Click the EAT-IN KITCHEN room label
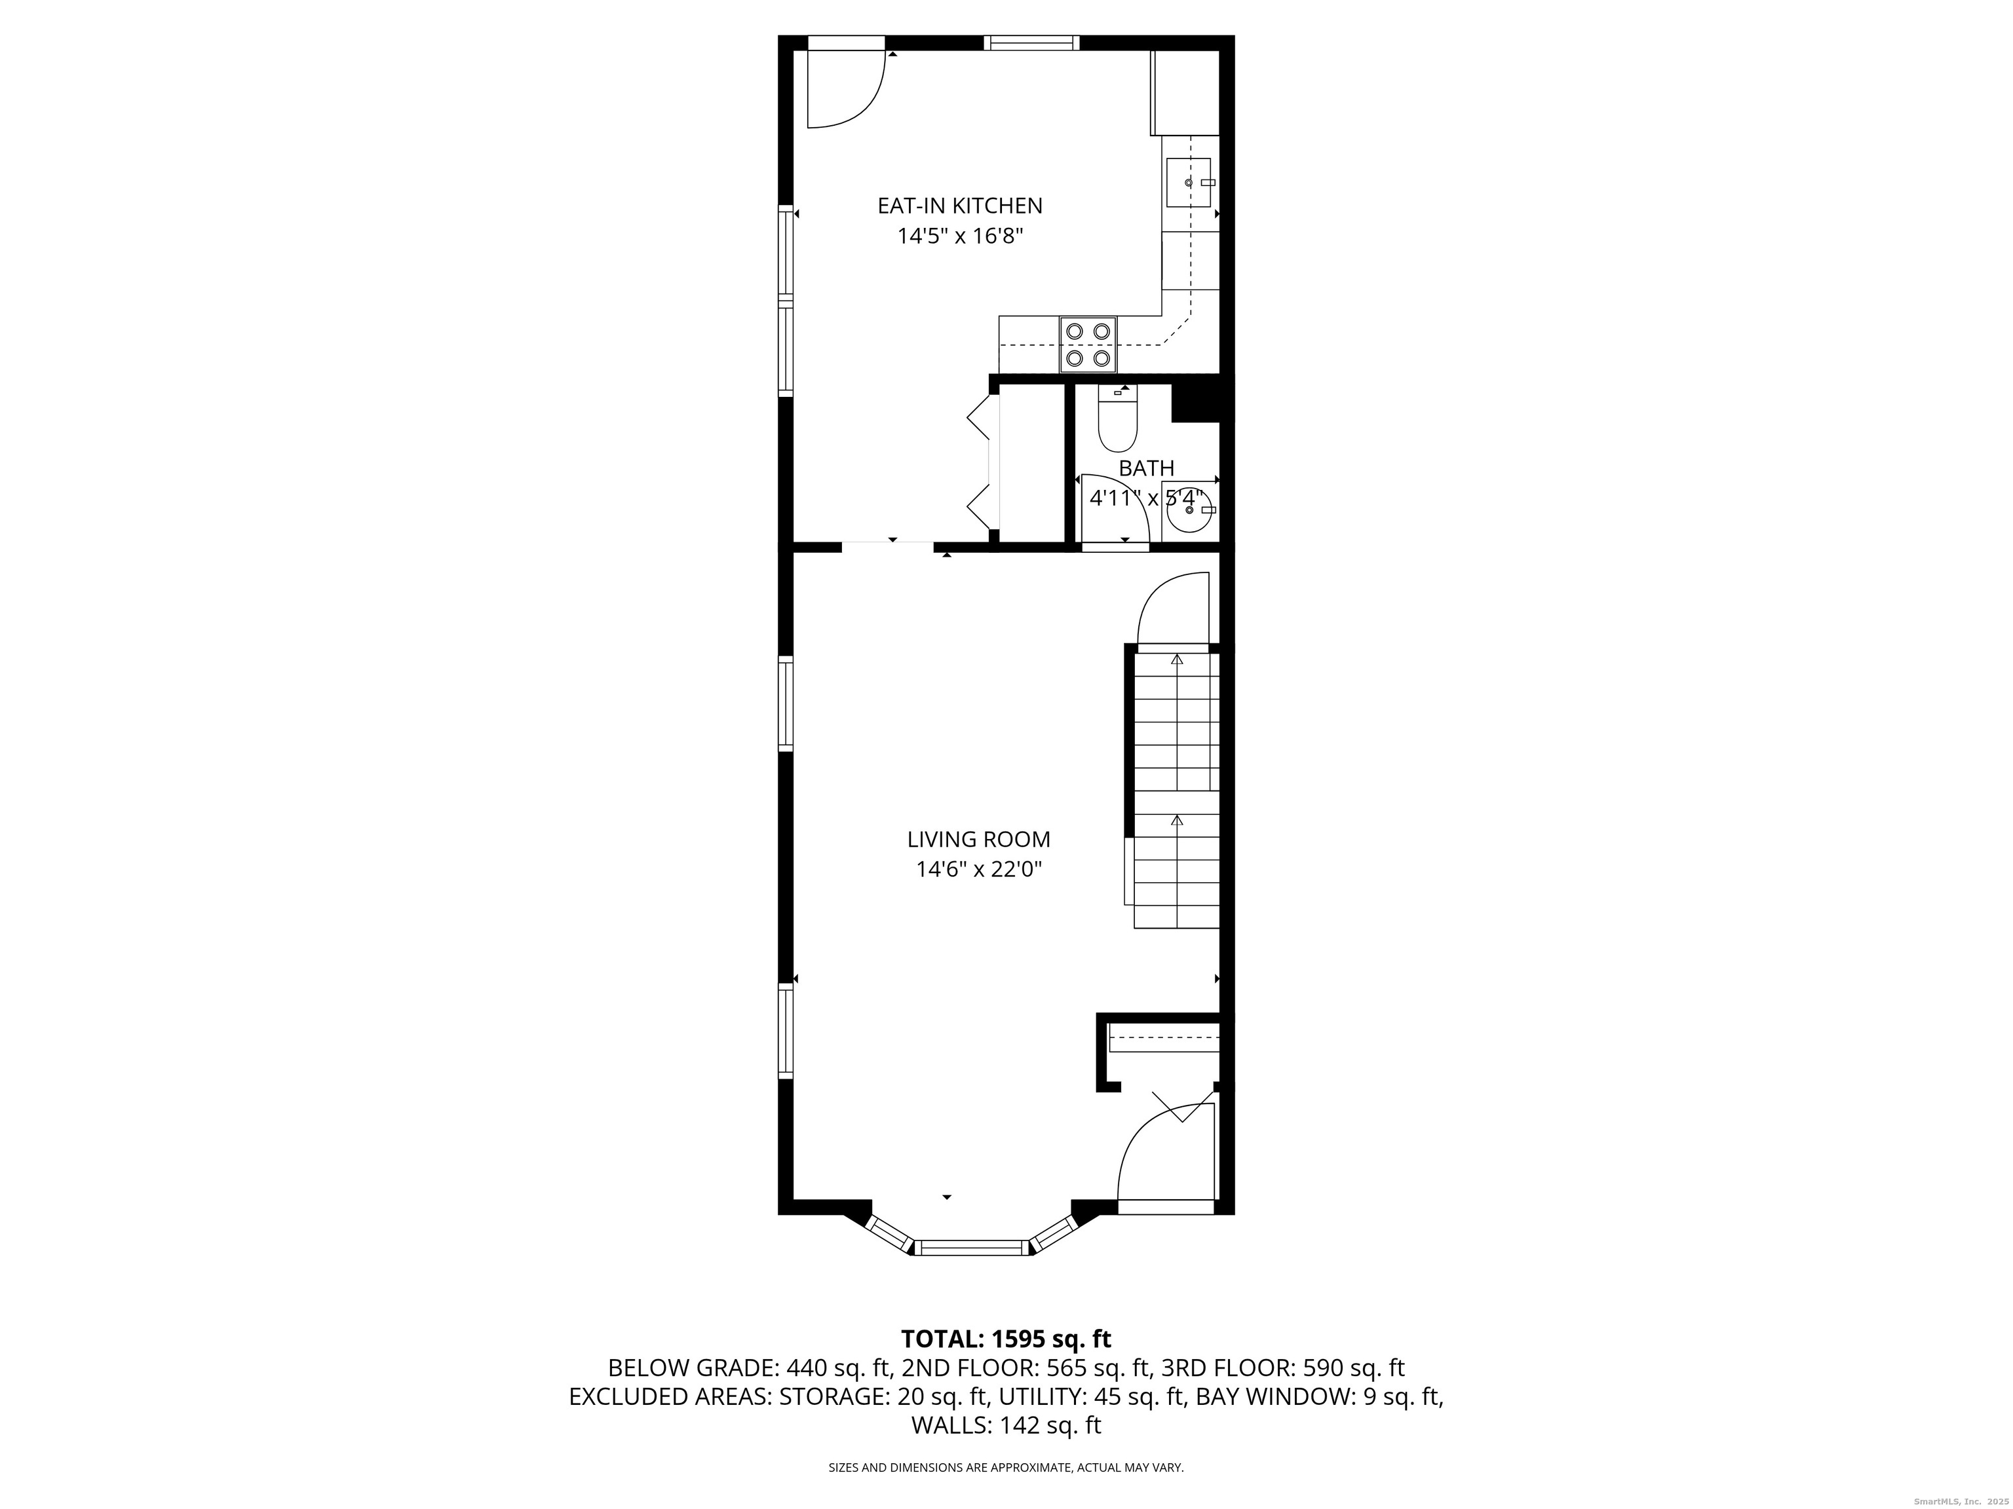pyautogui.click(x=959, y=206)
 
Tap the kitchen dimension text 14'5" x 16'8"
pyautogui.click(x=960, y=236)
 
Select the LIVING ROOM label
pyautogui.click(x=978, y=840)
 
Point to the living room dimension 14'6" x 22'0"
pyautogui.click(x=978, y=870)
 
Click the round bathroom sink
pyautogui.click(x=1189, y=510)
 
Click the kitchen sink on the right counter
pyautogui.click(x=1189, y=183)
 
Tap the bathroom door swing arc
pyautogui.click(x=1115, y=510)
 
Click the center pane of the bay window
pyautogui.click(x=971, y=1247)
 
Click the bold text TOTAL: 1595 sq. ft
pyautogui.click(x=1006, y=1339)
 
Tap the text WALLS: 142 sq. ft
pyautogui.click(x=1006, y=1425)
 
